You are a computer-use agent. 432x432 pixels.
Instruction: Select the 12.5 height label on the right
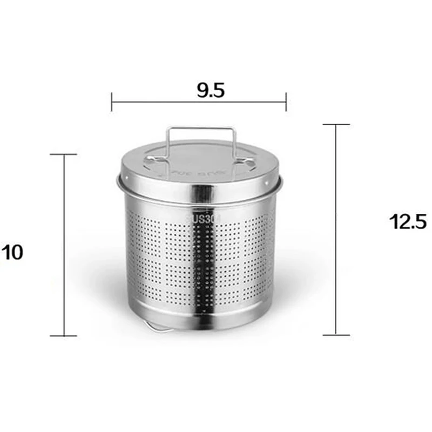click(x=409, y=221)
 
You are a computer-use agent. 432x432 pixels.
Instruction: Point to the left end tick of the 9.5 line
click(x=112, y=102)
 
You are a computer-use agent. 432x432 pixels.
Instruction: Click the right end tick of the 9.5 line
click(x=286, y=102)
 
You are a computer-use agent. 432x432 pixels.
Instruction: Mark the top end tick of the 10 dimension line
click(x=64, y=154)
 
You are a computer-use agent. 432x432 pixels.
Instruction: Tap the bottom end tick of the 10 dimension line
click(x=64, y=335)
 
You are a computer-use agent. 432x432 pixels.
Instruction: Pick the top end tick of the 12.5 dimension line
click(x=336, y=125)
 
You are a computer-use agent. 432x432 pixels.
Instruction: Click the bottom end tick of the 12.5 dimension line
click(x=336, y=334)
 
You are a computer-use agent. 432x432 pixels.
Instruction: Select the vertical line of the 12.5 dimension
click(x=336, y=230)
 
